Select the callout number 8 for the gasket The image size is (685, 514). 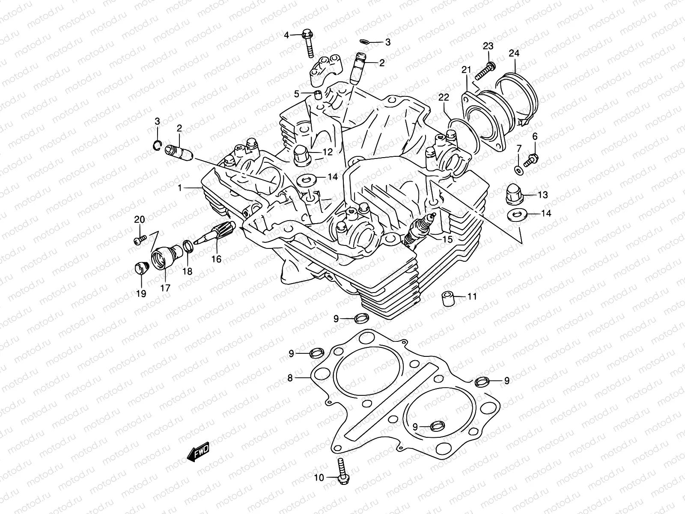coord(290,378)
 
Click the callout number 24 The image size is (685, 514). coord(514,54)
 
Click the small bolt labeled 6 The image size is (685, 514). coord(530,160)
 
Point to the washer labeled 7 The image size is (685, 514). coord(519,170)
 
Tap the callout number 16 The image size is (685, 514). coord(216,259)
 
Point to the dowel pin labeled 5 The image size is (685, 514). coord(318,94)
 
